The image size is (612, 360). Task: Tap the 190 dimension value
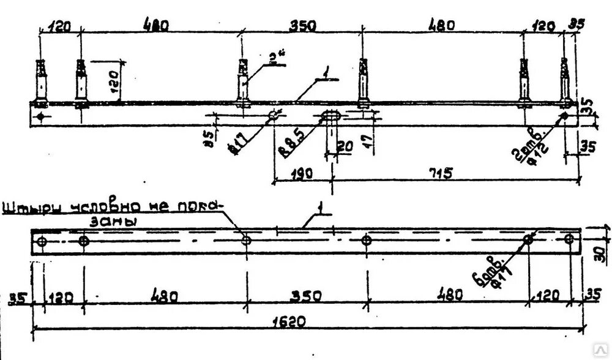[x=301, y=173]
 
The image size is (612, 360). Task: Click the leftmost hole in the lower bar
[x=42, y=242]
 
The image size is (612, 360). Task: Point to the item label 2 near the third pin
[x=272, y=59]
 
